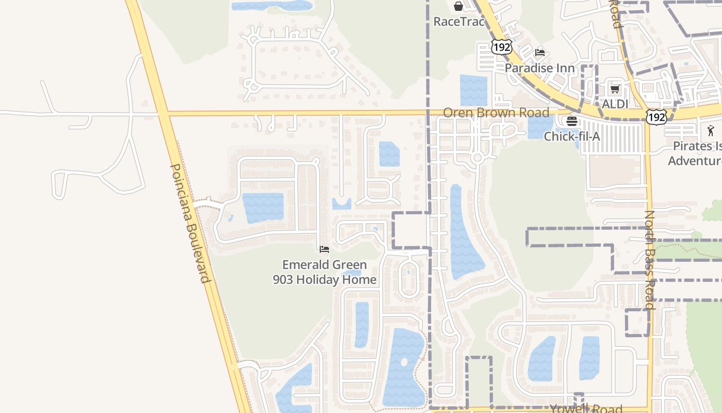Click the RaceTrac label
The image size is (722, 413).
click(x=458, y=22)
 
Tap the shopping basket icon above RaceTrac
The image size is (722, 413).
click(x=458, y=6)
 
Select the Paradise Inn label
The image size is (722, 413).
click(x=539, y=68)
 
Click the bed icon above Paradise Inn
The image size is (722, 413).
click(x=540, y=53)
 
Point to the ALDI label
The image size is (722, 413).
click(x=615, y=104)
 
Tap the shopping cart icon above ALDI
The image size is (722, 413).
click(x=615, y=89)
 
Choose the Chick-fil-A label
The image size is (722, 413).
click(x=572, y=136)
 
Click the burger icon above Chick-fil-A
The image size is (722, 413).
click(x=572, y=121)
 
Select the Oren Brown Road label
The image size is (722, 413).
click(x=496, y=113)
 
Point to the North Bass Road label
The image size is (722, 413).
click(x=649, y=259)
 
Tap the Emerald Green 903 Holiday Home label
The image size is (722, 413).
click(x=324, y=272)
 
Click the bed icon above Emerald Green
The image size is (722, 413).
click(x=324, y=249)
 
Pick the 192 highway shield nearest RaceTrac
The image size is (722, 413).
click(x=501, y=47)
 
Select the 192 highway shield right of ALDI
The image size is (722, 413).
click(x=657, y=117)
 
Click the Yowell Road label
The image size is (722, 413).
click(x=586, y=408)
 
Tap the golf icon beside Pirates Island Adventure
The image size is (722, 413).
click(x=711, y=131)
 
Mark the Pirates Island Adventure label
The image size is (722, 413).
click(x=696, y=153)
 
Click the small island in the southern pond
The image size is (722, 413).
click(x=404, y=361)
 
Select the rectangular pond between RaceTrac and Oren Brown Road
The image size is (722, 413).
click(x=473, y=90)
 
